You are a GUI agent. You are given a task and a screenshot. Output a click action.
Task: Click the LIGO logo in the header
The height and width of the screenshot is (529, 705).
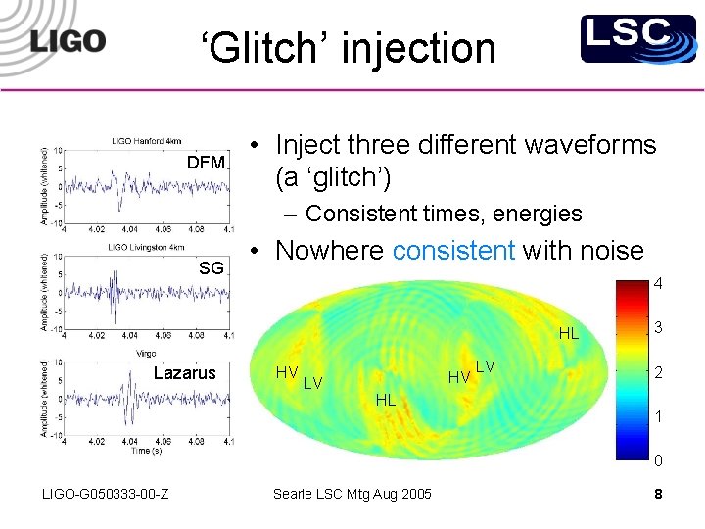(68, 41)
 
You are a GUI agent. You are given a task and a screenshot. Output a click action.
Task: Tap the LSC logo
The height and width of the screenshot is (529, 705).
(625, 39)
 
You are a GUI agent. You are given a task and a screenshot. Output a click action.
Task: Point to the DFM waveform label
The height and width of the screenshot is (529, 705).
(207, 162)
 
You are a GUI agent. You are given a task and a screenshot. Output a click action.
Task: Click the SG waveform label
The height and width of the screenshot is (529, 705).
(211, 268)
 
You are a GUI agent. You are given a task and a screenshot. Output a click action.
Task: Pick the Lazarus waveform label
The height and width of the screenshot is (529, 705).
(185, 372)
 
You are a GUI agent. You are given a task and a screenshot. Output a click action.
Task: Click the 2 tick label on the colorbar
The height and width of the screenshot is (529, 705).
(658, 372)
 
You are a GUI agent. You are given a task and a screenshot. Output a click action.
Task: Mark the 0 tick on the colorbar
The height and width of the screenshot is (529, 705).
(658, 460)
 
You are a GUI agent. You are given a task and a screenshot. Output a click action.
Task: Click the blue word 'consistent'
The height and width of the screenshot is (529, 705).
(453, 251)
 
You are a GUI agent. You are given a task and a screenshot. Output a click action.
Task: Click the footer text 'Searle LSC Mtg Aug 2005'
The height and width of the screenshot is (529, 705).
(352, 494)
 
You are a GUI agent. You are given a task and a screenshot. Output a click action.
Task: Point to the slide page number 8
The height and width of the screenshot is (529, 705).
(658, 494)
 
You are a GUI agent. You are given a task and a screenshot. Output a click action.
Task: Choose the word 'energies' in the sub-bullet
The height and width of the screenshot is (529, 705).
(540, 213)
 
